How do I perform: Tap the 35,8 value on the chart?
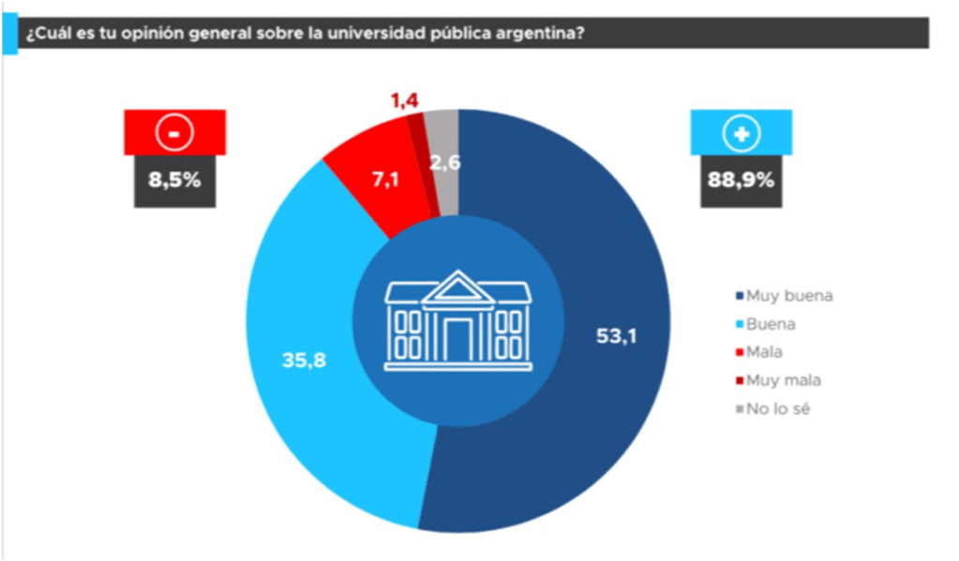click(x=305, y=360)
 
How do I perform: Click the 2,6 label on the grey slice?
click(x=444, y=163)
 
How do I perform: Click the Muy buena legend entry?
click(x=787, y=296)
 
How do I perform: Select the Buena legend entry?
click(x=773, y=324)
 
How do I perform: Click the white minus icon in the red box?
click(x=174, y=133)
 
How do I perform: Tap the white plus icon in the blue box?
click(x=740, y=133)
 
